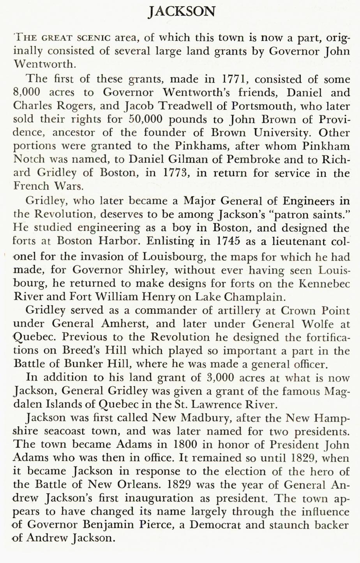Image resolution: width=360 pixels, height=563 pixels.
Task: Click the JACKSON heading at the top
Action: tap(182, 11)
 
